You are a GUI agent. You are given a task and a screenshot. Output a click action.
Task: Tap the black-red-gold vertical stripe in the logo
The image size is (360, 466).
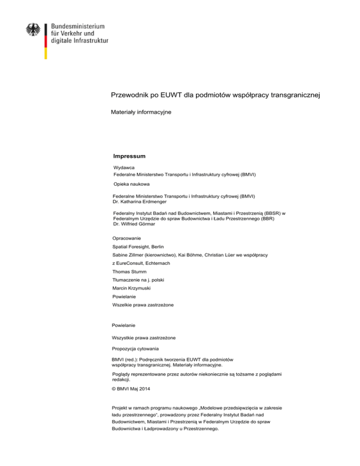(45, 41)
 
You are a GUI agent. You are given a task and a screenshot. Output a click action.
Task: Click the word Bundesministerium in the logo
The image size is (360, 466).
(77, 27)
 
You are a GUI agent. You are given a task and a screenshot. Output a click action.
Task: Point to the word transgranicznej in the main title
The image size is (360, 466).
(291, 96)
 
